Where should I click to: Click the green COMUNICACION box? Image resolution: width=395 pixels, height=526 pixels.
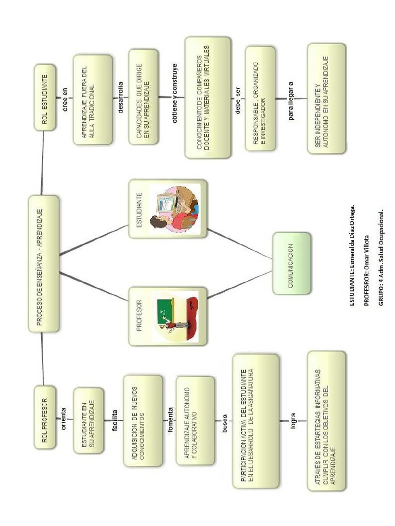coord(292,263)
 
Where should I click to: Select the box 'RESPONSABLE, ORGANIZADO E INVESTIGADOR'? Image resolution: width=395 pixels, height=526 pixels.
coord(263,99)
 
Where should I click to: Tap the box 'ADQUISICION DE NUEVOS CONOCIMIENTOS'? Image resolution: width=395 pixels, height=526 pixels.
coord(143,420)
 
